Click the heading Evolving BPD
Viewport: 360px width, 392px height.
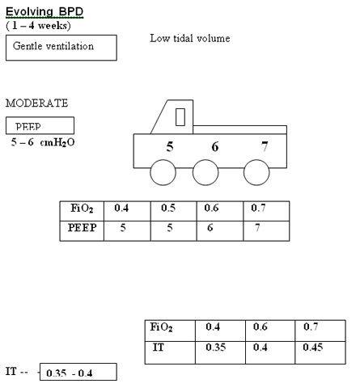pos(44,12)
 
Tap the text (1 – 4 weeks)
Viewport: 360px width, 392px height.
pos(38,26)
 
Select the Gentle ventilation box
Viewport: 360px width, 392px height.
pos(61,48)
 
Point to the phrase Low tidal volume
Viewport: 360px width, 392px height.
pos(190,38)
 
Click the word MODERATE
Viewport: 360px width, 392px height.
pos(37,103)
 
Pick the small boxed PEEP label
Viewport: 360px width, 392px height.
pos(40,125)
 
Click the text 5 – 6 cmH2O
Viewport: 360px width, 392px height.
pos(43,142)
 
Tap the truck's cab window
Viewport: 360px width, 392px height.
pos(180,117)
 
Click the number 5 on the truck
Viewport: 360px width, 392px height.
pos(170,147)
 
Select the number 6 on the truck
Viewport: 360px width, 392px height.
pos(215,147)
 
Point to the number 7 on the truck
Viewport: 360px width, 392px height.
pos(265,147)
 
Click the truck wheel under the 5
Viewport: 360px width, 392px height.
pos(163,172)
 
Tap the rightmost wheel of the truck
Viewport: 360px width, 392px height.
pos(256,172)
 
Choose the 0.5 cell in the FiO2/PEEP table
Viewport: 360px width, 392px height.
pos(174,211)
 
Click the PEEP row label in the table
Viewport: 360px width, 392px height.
pos(82,228)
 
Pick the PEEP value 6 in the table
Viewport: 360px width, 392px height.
pos(210,228)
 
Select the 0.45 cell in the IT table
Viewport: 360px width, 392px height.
pos(320,352)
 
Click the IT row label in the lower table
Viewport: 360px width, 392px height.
pos(159,348)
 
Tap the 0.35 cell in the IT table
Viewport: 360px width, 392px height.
pos(220,352)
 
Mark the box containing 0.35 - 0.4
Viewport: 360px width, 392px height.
pos(78,372)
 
